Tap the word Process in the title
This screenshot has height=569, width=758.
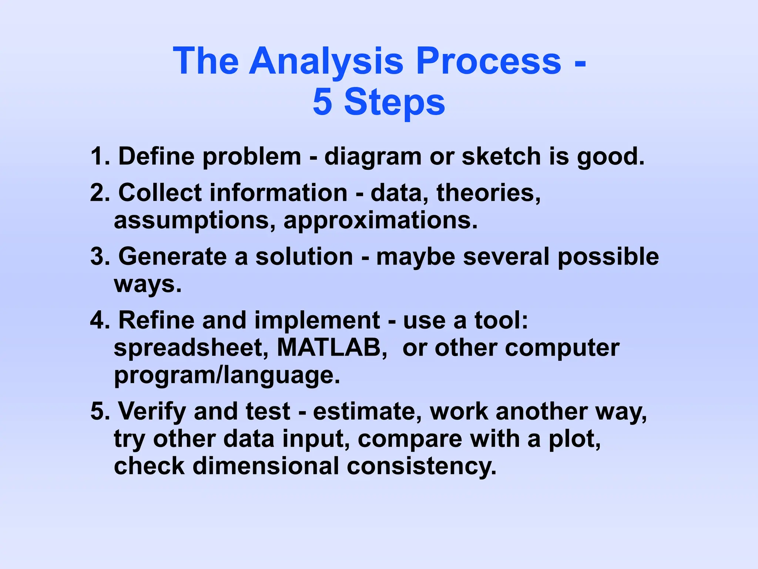(x=489, y=61)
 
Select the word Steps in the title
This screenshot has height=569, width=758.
(x=395, y=102)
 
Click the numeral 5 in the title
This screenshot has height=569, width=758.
(x=322, y=102)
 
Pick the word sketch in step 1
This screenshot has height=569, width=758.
(x=502, y=156)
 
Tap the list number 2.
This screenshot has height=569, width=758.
(x=99, y=193)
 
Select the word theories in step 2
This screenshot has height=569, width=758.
(x=488, y=193)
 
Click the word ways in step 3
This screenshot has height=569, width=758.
(x=147, y=284)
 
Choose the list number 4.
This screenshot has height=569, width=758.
(x=99, y=320)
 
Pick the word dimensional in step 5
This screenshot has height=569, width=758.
(x=265, y=466)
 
